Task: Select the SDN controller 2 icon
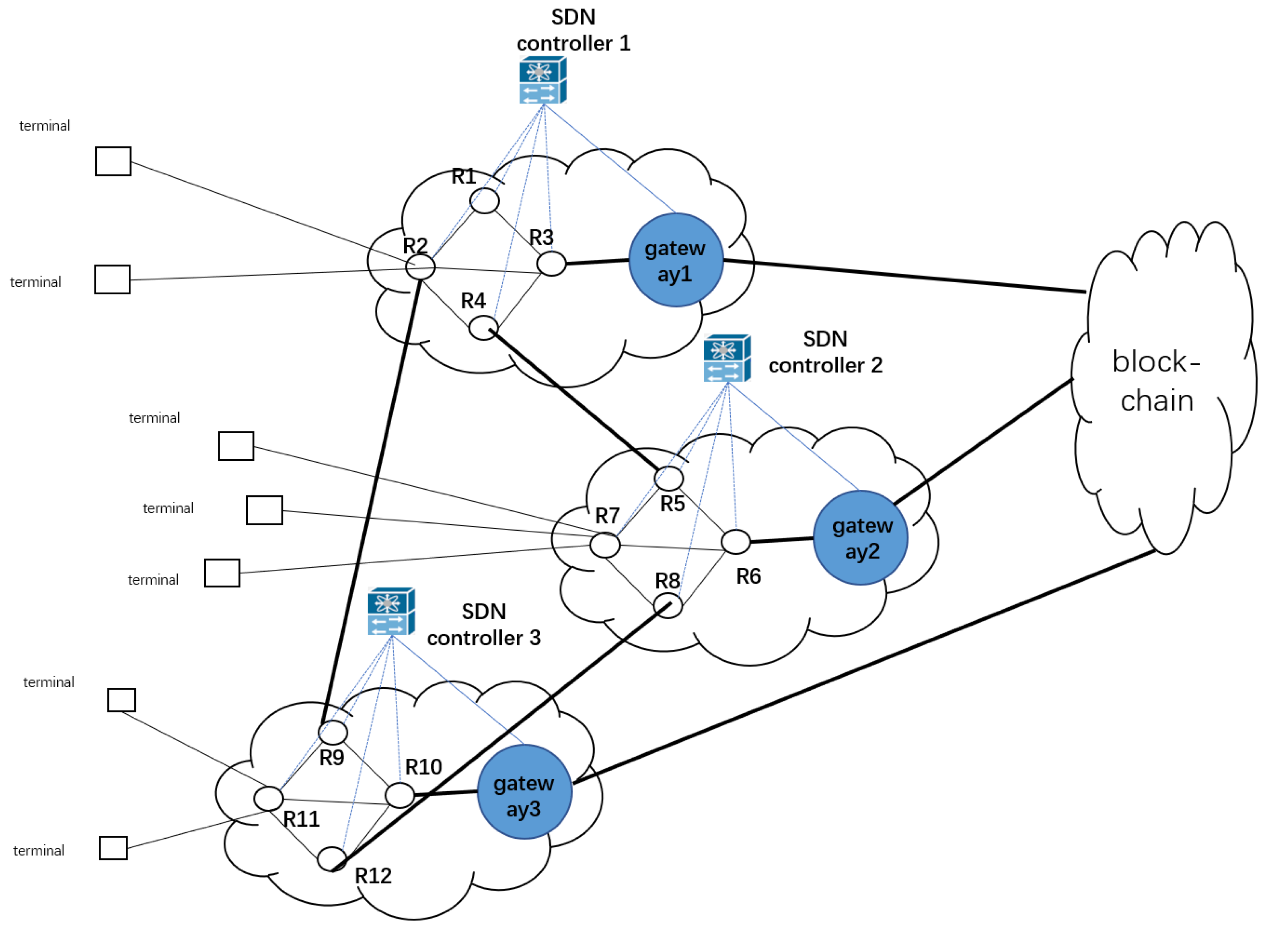point(727,358)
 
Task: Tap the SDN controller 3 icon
point(391,611)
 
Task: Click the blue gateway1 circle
point(675,260)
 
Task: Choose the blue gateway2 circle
point(860,538)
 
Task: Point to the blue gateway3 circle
point(524,792)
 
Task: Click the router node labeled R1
point(484,201)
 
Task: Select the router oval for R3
point(551,263)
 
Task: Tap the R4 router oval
point(483,328)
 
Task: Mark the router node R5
point(669,478)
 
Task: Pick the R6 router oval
point(736,542)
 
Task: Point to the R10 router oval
point(399,795)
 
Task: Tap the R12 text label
point(373,876)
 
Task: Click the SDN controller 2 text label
point(826,352)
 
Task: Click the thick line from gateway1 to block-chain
point(904,276)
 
